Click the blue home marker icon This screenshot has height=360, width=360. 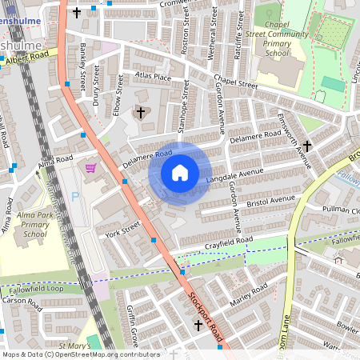[180, 173]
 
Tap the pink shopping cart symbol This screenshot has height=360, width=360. [90, 168]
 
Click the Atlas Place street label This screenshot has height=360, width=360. [153, 78]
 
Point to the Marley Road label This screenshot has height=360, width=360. [248, 297]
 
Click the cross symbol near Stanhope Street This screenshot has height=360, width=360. [142, 113]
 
